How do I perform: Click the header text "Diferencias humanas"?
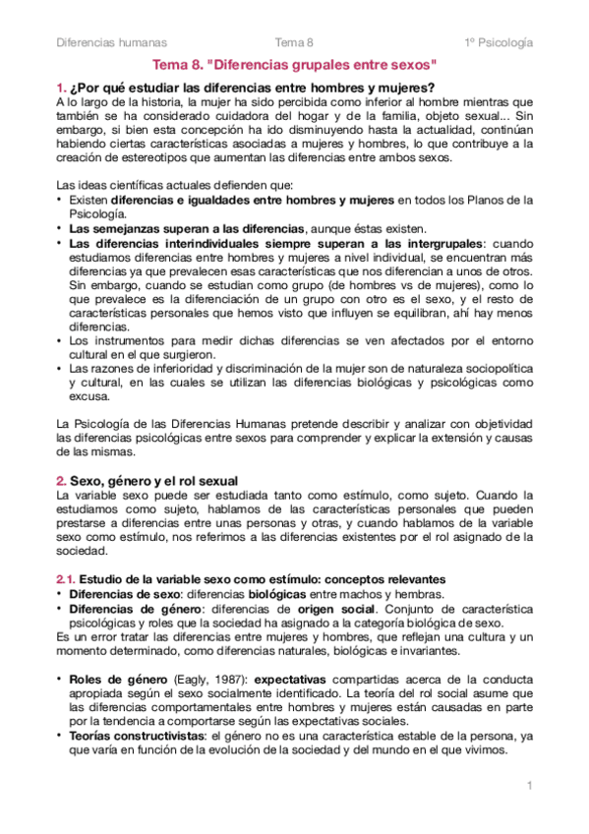(111, 42)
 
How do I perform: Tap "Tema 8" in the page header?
(294, 42)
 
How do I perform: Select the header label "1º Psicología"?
(500, 42)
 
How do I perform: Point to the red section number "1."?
(60, 88)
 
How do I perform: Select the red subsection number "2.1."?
(65, 579)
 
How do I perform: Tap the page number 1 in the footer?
(529, 787)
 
